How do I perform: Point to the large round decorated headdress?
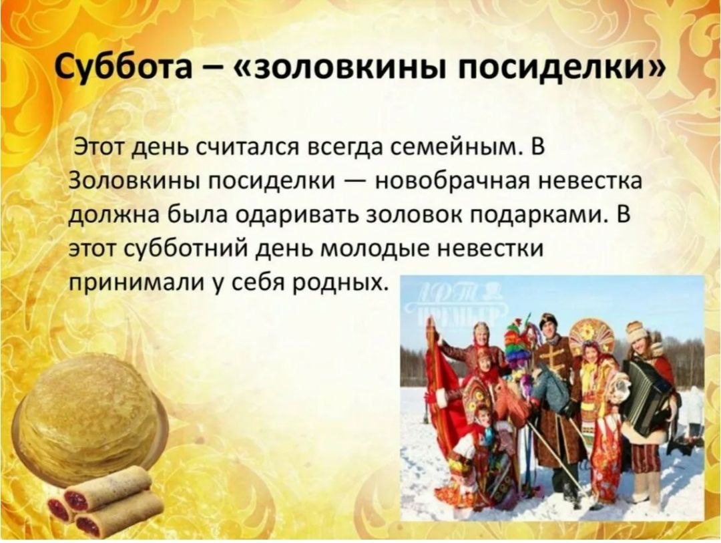(x=591, y=334)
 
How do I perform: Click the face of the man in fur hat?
(x=548, y=329)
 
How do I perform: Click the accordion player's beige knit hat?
(x=636, y=331)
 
